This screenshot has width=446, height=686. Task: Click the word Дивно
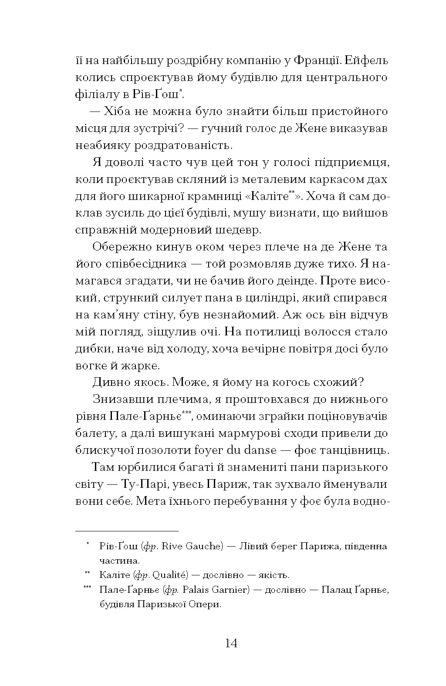[x=108, y=382]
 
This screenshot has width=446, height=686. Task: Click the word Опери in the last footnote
[x=203, y=605]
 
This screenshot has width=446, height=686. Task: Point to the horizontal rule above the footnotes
[x=127, y=531]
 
